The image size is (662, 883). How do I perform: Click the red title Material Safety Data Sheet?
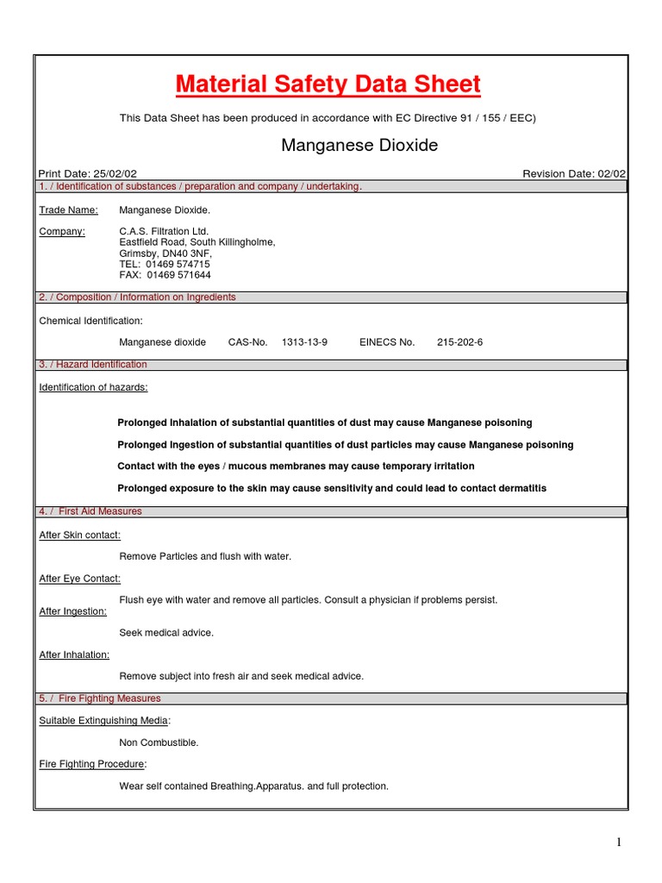point(328,85)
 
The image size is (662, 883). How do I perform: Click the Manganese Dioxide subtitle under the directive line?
point(359,145)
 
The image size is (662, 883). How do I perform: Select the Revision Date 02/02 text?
point(574,174)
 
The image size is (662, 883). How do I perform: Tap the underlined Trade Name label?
point(69,210)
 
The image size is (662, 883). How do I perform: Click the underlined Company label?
point(62,231)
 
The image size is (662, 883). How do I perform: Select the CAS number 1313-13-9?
point(304,342)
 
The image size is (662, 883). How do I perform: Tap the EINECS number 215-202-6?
point(459,342)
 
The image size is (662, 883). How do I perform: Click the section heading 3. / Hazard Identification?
point(93,365)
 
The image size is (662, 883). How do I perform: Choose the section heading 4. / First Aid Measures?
point(91,511)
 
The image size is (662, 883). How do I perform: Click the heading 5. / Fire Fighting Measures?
point(100,698)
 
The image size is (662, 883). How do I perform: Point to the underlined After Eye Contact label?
point(80,579)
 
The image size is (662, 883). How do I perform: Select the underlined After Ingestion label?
point(73,611)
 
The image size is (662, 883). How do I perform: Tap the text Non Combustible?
point(159,742)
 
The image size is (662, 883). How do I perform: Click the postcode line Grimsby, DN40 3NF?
point(165,254)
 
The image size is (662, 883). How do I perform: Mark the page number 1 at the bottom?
point(619,842)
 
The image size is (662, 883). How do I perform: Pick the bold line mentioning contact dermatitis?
point(332,488)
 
